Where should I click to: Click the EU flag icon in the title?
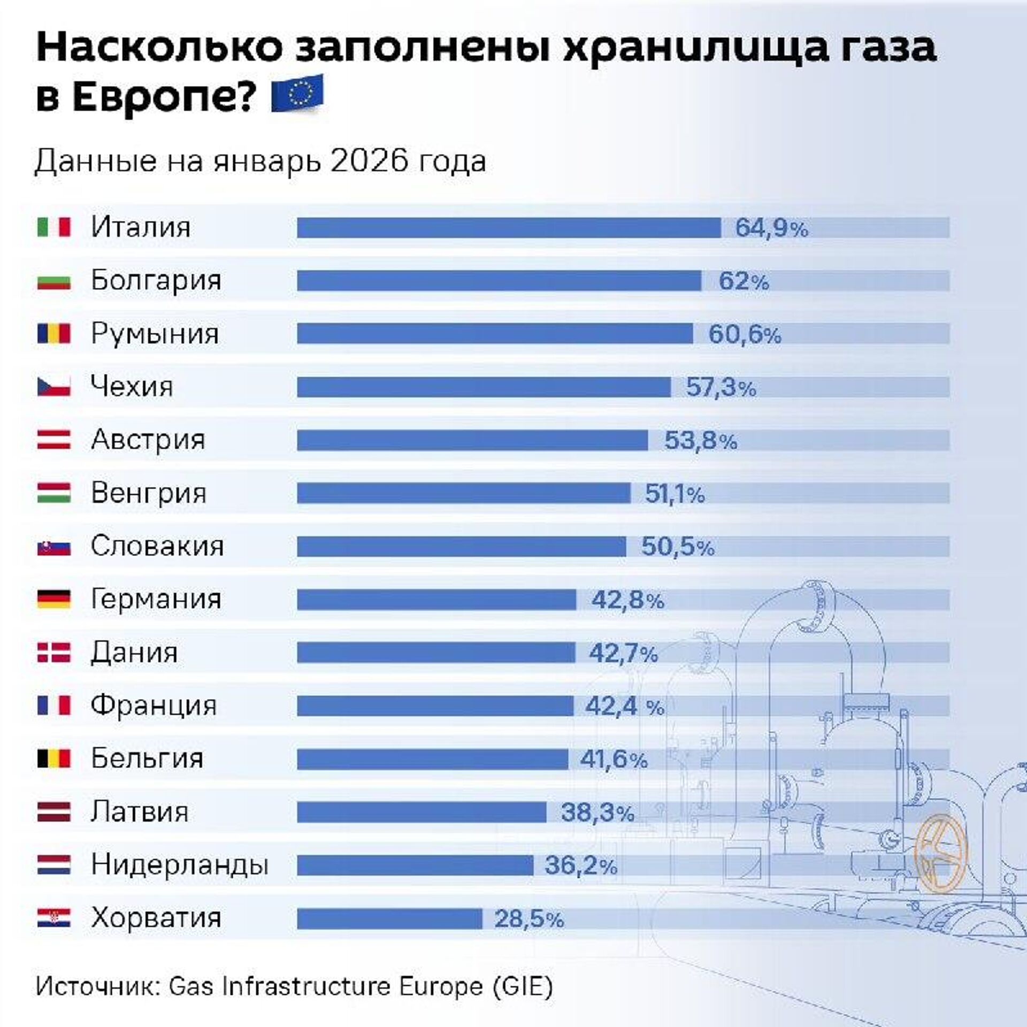pos(297,93)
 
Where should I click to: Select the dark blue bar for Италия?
pos(508,227)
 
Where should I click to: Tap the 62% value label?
pos(744,281)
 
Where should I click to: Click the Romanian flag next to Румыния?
pos(53,334)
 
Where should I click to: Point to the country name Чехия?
pos(132,386)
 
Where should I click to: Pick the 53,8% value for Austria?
pos(700,440)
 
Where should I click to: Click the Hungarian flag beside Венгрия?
pos(53,493)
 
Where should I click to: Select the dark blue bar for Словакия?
pos(461,547)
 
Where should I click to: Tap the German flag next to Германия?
pos(53,599)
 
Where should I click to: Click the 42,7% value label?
pos(623,653)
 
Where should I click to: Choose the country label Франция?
pos(154,705)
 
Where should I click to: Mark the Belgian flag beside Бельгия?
pos(53,758)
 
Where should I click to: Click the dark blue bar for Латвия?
pos(421,813)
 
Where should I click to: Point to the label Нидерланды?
pos(179,865)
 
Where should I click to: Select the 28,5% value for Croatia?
pos(528,919)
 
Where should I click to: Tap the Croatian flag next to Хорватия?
pos(53,918)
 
